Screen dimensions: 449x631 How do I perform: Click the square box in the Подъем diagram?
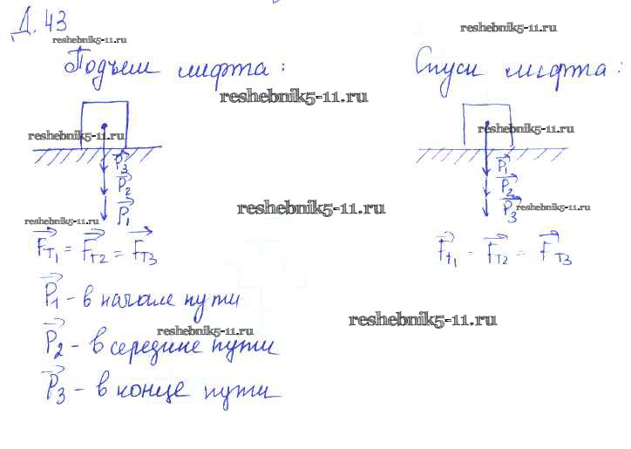(x=105, y=126)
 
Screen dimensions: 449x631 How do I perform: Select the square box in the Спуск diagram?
(x=487, y=125)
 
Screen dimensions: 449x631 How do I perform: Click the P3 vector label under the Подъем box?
(x=122, y=165)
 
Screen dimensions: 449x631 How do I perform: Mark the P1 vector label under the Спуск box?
(x=503, y=165)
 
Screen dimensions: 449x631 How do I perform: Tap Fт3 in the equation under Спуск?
(x=555, y=250)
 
